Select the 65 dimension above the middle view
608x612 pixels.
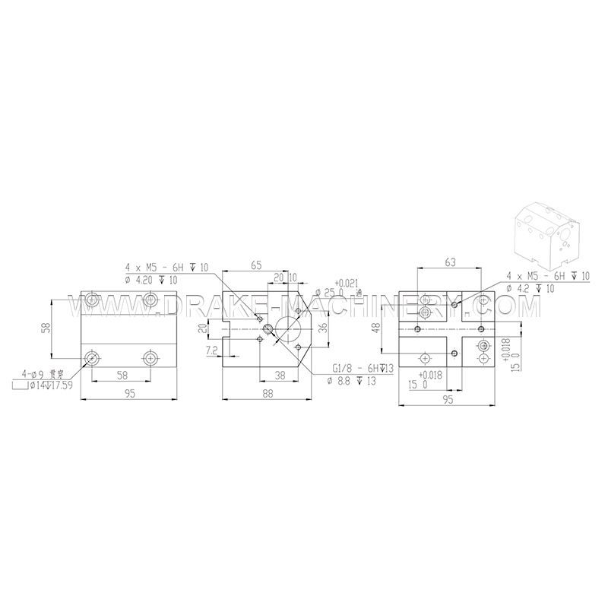click(255, 266)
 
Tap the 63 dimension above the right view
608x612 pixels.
click(450, 263)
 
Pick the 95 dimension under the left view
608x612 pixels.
click(129, 393)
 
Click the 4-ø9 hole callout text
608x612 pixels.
click(42, 374)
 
